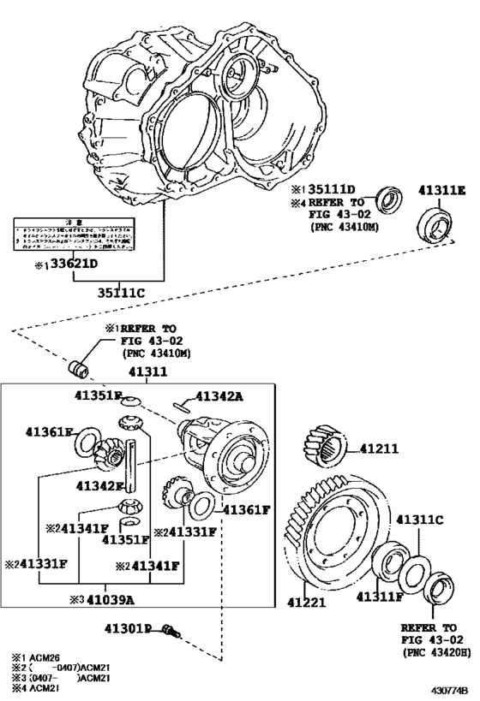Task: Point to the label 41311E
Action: pyautogui.click(x=443, y=191)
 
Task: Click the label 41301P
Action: pyautogui.click(x=129, y=629)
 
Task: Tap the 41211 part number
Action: pyautogui.click(x=380, y=448)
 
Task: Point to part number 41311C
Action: pyautogui.click(x=420, y=520)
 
